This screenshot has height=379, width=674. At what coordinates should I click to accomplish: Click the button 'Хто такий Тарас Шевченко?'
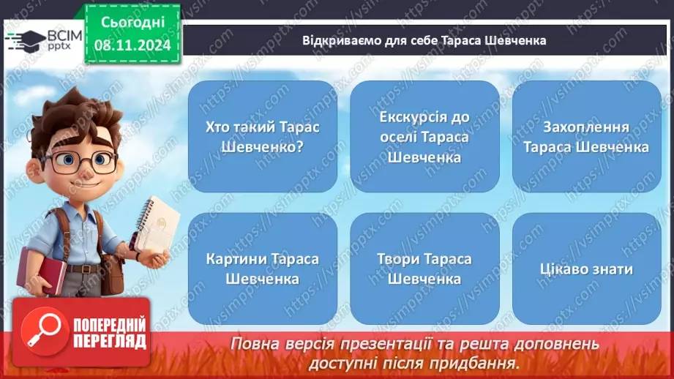(263, 137)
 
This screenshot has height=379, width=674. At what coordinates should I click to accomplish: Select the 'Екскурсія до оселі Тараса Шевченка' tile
(424, 137)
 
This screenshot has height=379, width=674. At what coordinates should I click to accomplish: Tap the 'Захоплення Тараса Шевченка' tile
(586, 137)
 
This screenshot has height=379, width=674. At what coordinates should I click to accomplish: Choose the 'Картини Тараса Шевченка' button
(263, 269)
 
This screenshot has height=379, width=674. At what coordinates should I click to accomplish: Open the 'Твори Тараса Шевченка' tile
(424, 269)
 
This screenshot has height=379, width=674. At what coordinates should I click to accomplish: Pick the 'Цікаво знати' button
(586, 269)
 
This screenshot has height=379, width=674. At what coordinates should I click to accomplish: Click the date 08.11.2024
(132, 45)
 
